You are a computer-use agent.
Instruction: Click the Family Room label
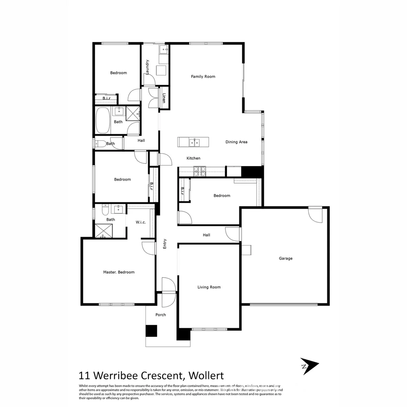[203, 77]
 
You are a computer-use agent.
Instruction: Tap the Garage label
[286, 259]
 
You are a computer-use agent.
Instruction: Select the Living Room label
[209, 287]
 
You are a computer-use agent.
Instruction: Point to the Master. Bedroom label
[119, 272]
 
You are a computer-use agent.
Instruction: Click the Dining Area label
[236, 142]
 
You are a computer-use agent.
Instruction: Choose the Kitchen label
[193, 158]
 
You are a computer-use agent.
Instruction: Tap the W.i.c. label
[141, 222]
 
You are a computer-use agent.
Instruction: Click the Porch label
[161, 315]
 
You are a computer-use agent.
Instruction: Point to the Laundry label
[148, 67]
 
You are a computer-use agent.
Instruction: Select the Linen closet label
[164, 98]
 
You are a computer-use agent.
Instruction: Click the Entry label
[165, 244]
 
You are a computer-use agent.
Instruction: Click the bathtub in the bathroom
[103, 120]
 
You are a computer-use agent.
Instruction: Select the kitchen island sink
[194, 142]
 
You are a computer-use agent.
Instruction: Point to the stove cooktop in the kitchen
[200, 171]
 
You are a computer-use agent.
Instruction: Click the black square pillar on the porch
[151, 331]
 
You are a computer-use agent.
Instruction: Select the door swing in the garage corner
[316, 214]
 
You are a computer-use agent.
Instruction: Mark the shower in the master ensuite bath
[103, 231]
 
